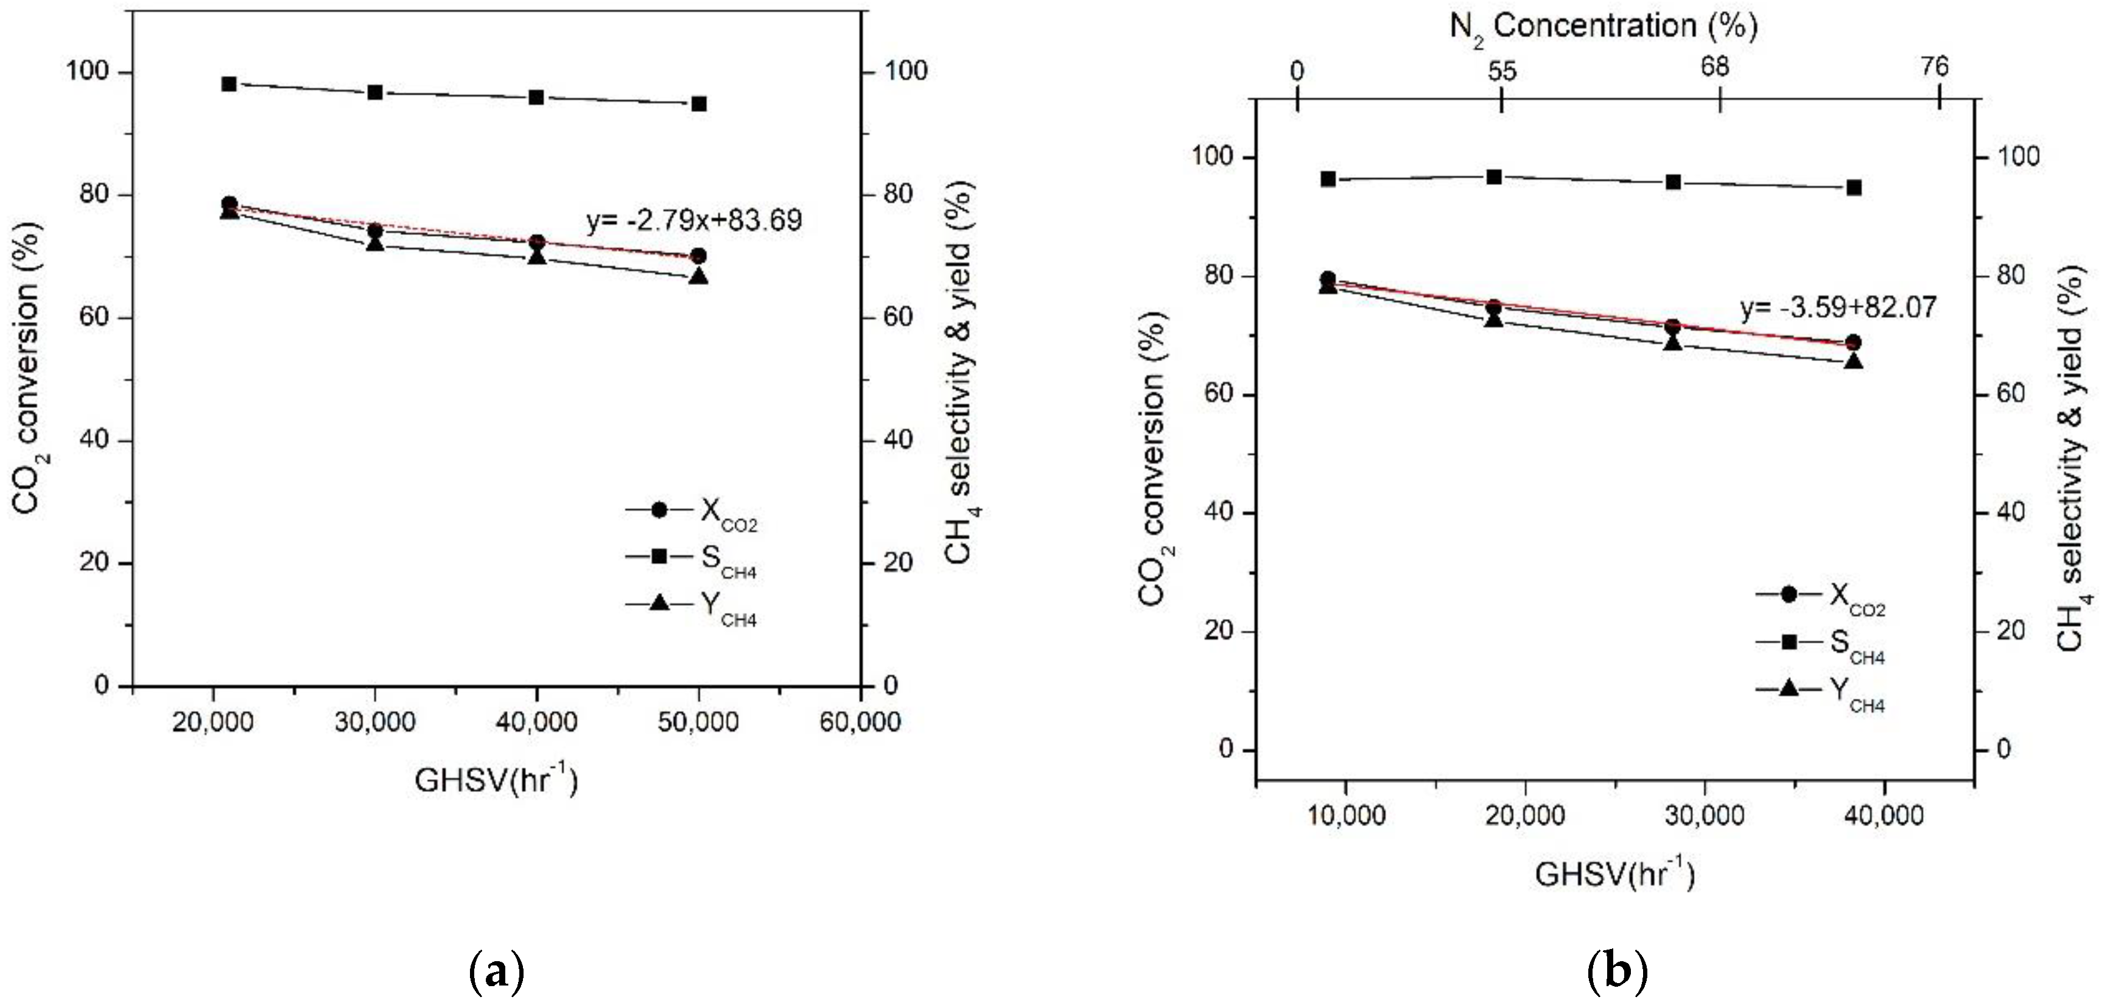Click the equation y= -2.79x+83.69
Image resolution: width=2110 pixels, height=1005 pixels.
(x=694, y=220)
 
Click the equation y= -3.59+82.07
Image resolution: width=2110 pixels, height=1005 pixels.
(x=1838, y=308)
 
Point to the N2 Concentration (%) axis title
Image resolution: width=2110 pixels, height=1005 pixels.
(x=1603, y=27)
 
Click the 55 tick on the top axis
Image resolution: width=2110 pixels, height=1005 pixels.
(x=1501, y=72)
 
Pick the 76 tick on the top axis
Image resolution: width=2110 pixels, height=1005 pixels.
(x=1935, y=67)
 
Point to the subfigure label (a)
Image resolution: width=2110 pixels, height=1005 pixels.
(x=496, y=972)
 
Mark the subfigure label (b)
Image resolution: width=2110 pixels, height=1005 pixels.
(x=1617, y=972)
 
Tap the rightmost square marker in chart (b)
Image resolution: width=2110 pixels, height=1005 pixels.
(x=1854, y=188)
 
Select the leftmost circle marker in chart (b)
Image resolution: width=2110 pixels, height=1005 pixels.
(x=1328, y=279)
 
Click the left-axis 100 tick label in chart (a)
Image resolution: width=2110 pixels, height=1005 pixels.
(x=87, y=71)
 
